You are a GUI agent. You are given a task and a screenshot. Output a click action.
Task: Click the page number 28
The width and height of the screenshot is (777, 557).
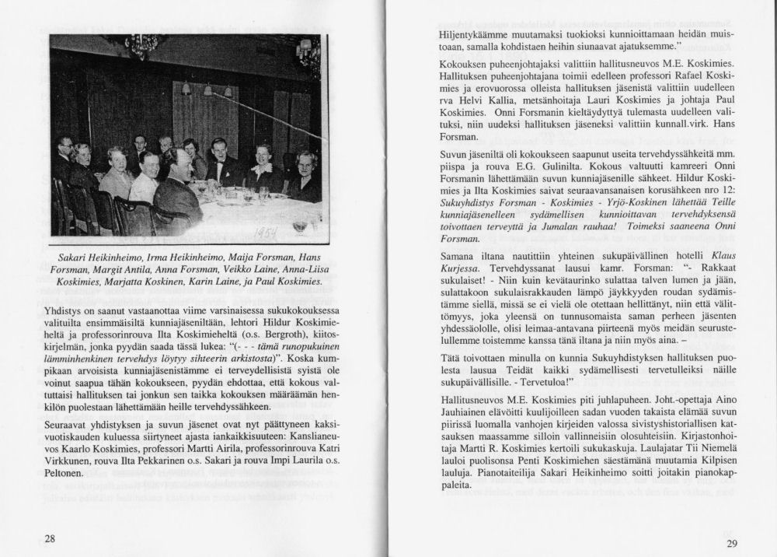[x=49, y=538]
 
